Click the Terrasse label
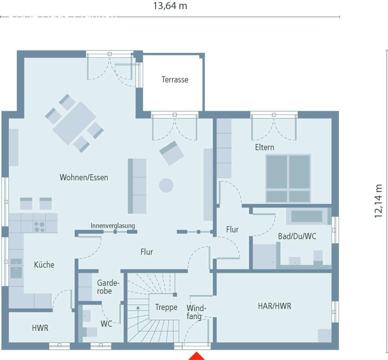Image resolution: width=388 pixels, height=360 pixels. click(175, 80)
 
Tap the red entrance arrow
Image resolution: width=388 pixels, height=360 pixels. click(196, 356)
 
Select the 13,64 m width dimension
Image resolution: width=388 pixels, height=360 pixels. click(170, 6)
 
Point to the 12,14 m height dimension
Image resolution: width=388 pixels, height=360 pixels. click(378, 201)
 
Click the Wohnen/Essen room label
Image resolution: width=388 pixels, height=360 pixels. click(84, 177)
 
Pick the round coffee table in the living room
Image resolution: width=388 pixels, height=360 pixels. click(166, 185)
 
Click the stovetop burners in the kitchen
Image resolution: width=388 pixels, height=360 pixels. click(39, 227)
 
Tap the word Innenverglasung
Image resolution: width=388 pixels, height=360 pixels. click(113, 226)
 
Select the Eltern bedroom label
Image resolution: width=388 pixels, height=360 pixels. click(265, 147)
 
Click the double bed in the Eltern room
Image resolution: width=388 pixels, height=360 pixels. click(288, 178)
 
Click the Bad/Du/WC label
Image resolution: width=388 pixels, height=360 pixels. click(297, 236)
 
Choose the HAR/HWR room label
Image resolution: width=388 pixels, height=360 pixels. click(275, 306)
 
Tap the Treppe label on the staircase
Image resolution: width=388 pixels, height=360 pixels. click(166, 307)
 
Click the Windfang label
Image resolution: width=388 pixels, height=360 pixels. click(196, 312)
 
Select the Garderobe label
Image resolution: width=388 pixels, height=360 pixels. click(108, 287)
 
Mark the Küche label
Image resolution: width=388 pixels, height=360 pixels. click(44, 265)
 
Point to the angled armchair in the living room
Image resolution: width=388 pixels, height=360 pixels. click(172, 153)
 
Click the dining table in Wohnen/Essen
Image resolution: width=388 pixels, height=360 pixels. click(74, 123)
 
